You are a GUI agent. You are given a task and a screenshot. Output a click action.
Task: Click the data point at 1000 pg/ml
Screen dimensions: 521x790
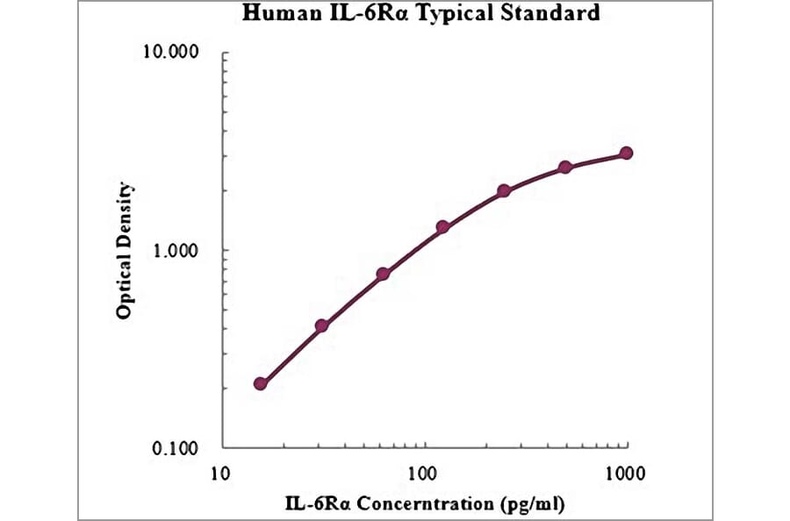click(x=626, y=153)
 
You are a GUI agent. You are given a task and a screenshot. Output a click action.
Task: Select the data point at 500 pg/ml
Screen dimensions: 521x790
click(x=565, y=167)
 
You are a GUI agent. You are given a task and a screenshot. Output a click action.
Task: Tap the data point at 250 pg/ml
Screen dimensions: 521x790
click(x=504, y=190)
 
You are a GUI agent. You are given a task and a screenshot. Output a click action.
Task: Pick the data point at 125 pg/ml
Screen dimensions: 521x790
click(x=443, y=227)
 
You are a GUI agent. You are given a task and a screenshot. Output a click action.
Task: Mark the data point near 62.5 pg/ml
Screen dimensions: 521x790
click(x=383, y=274)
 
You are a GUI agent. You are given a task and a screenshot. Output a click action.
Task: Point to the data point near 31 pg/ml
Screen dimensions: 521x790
click(x=322, y=325)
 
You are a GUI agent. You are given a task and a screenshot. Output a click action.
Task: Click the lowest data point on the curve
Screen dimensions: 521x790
click(x=261, y=383)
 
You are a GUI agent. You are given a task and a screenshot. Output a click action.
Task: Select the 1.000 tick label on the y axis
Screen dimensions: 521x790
click(x=176, y=250)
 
